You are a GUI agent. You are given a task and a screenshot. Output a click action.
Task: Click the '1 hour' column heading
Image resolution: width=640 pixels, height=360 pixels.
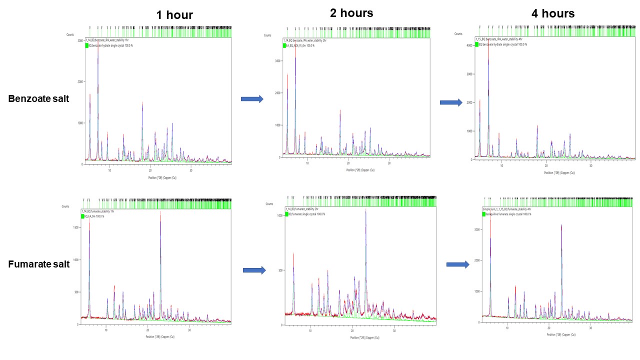174,15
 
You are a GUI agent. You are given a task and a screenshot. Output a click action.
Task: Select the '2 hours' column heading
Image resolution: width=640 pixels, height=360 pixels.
351,13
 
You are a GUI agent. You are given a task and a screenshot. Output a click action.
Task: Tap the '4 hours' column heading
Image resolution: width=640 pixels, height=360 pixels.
553,13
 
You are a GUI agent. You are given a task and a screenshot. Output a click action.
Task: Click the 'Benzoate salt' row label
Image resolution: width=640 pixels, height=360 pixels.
38,99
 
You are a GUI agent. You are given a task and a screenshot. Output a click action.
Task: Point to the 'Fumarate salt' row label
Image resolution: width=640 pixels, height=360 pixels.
38,264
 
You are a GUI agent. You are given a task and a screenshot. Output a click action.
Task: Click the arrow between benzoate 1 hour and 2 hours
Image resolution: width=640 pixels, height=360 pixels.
252,99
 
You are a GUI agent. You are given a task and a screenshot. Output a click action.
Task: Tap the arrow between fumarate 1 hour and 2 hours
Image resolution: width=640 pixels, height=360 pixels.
254,270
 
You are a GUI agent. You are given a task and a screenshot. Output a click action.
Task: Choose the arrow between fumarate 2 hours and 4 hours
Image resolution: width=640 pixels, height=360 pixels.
457,264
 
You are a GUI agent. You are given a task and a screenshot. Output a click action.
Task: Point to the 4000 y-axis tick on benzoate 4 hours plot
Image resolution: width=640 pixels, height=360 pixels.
469,45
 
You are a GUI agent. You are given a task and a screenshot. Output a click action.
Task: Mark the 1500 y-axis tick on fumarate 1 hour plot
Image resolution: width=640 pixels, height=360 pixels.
75,227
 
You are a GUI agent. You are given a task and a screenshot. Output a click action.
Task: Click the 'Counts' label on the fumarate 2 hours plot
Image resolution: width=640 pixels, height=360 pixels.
269,204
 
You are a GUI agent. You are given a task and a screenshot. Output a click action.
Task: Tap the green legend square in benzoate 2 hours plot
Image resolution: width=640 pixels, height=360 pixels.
284,45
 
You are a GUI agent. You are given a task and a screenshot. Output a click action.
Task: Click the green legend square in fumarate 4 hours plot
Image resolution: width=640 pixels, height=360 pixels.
484,214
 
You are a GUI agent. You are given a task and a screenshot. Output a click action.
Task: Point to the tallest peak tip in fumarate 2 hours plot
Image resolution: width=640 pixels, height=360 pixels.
365,210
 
